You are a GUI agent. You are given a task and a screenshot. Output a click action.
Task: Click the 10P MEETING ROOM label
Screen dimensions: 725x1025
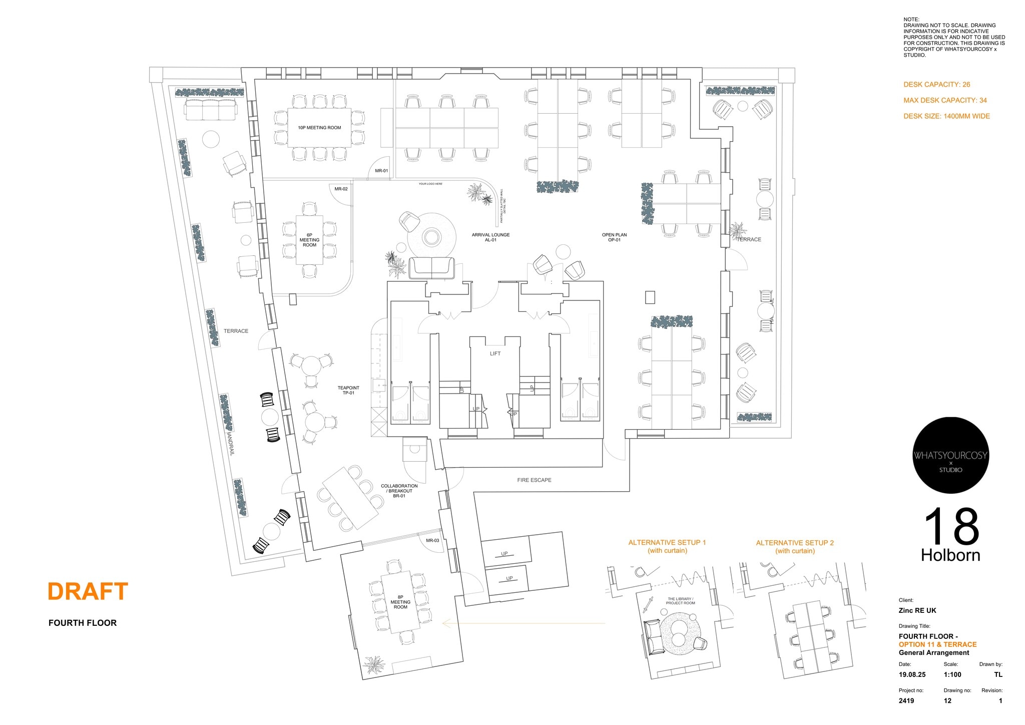point(319,128)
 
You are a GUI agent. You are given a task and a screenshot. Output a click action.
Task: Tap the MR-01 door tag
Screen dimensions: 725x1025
point(381,171)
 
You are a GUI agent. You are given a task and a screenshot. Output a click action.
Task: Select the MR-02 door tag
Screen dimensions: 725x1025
point(341,189)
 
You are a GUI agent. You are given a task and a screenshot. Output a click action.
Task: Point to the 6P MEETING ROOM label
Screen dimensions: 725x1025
point(309,240)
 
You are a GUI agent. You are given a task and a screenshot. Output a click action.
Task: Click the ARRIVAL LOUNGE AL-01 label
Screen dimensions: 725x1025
point(490,237)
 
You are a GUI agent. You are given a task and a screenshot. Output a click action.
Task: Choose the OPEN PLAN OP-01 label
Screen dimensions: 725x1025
point(614,237)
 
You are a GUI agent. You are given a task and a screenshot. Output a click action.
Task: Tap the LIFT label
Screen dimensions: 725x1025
point(495,353)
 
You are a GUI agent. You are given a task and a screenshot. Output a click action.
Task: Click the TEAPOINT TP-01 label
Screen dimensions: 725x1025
point(348,391)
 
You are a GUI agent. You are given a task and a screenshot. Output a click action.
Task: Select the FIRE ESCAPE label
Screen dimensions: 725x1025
point(534,480)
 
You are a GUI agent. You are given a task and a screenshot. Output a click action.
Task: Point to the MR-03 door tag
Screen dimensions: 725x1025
point(432,540)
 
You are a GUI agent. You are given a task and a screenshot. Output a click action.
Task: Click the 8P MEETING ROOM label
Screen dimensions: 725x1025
point(400,602)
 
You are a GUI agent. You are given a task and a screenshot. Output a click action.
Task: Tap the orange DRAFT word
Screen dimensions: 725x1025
point(88,591)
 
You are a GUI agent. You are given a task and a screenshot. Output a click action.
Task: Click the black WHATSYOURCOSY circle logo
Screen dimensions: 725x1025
point(950,455)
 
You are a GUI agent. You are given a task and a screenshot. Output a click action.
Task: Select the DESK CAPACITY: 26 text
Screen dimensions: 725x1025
point(936,85)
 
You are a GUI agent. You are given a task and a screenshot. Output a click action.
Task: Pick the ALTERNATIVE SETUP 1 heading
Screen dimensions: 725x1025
point(667,543)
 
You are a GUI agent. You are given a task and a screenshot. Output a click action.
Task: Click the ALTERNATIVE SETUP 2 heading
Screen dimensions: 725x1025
point(795,543)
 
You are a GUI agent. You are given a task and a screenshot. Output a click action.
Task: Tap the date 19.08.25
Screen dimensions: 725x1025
point(912,674)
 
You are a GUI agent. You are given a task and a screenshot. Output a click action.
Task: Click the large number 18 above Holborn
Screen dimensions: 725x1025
point(951,527)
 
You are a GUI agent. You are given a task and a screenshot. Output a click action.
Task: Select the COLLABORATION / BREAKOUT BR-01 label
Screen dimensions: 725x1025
point(399,491)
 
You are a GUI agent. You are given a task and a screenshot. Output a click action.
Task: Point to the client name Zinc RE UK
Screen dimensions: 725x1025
point(917,610)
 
